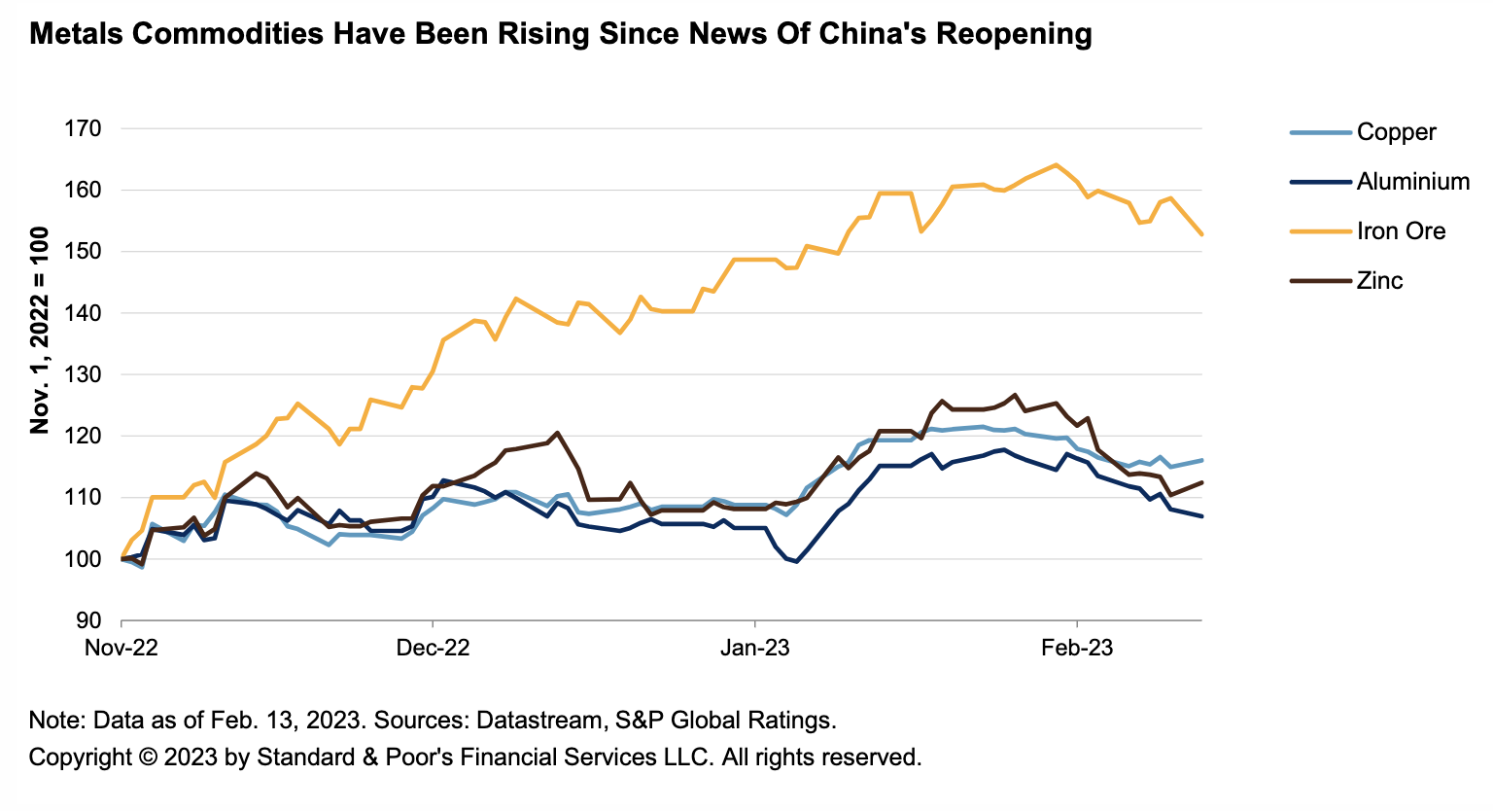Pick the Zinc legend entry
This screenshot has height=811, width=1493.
coord(1379,281)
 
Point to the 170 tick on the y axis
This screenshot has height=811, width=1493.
coord(83,128)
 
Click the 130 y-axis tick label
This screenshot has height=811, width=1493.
coord(83,374)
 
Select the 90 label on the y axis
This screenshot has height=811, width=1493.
coord(88,620)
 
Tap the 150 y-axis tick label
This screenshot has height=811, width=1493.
coord(83,252)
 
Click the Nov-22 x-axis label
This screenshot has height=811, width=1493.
coord(122,648)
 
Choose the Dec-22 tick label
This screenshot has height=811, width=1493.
coord(433,648)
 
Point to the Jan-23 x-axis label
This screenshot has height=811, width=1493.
coord(755,648)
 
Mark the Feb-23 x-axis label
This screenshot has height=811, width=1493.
coord(1077,648)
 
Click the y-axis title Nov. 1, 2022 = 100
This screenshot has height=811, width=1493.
coord(40,330)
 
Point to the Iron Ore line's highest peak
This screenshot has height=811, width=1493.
coord(1056,164)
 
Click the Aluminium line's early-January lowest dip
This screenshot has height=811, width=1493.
coord(796,561)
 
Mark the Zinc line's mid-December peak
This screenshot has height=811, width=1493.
coord(557,433)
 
